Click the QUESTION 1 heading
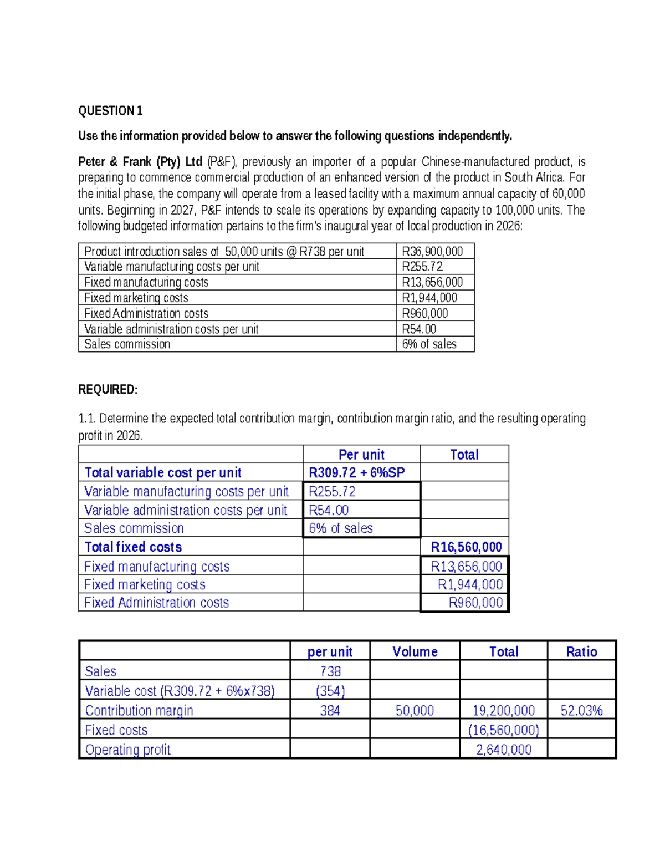tap(110, 111)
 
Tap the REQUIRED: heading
tap(108, 390)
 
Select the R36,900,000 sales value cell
tap(432, 251)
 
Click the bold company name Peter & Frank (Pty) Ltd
tap(140, 162)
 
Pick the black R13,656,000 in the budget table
tap(432, 282)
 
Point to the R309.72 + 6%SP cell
tap(356, 472)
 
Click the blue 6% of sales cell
tap(341, 528)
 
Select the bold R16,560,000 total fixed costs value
tap(466, 547)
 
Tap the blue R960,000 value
tap(475, 603)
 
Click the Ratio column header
tap(581, 652)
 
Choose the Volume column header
tap(415, 652)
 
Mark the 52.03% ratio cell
tap(581, 711)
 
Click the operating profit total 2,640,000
tap(504, 750)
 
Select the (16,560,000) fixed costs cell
tap(504, 730)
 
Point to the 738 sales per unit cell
tap(330, 671)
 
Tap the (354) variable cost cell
tap(330, 691)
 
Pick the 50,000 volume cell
tap(415, 711)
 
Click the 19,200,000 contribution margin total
tap(504, 711)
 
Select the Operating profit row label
tap(127, 750)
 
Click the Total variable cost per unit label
tap(163, 473)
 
